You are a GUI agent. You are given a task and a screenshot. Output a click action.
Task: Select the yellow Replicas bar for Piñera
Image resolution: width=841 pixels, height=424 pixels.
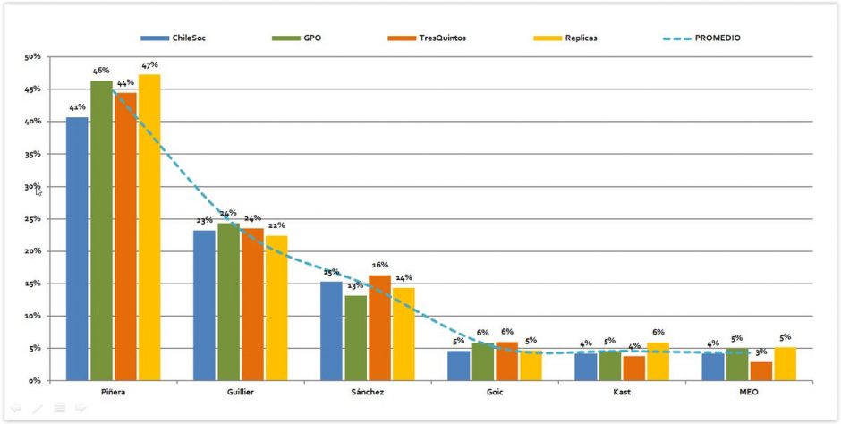click(149, 227)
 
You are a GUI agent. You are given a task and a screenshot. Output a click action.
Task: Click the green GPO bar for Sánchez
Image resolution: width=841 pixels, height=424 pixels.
click(356, 338)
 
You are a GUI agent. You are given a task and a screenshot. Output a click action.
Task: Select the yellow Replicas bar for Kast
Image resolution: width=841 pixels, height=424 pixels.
click(658, 361)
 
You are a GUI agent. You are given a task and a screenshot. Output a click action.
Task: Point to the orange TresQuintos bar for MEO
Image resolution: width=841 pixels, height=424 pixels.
click(761, 370)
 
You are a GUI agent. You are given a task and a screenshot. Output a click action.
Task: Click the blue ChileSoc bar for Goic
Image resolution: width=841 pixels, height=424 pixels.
click(459, 365)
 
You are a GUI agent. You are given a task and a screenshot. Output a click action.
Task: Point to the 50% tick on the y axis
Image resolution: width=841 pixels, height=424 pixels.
click(33, 57)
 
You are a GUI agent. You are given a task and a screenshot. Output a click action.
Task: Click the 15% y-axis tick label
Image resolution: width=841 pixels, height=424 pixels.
click(33, 284)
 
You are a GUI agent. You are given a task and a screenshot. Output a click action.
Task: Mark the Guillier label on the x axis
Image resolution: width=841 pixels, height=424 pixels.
click(241, 392)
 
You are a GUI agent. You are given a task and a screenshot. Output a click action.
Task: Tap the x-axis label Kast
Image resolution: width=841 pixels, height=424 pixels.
click(622, 392)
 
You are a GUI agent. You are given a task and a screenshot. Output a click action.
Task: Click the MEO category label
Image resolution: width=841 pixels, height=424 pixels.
click(749, 392)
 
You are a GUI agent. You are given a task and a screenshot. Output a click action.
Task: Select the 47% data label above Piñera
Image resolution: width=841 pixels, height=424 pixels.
click(149, 65)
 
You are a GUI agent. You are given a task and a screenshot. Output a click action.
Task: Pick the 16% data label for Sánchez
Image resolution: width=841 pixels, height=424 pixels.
click(379, 265)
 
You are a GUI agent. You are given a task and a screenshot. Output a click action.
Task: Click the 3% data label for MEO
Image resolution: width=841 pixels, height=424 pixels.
click(761, 352)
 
